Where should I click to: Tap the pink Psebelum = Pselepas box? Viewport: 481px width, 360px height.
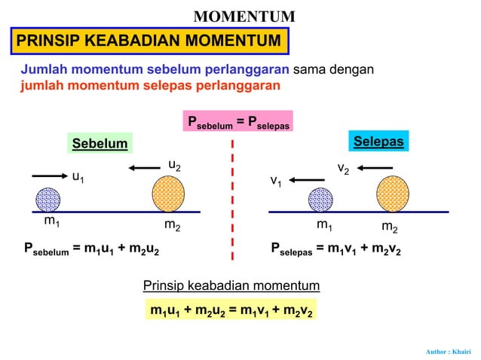tap(238, 122)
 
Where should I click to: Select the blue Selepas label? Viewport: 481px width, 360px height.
tap(378, 142)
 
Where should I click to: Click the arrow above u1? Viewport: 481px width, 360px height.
tap(51, 175)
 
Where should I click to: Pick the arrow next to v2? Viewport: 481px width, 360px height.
tap(374, 167)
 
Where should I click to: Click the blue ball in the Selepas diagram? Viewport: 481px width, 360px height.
tap(320, 200)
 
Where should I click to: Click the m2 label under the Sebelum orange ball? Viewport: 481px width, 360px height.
tap(172, 225)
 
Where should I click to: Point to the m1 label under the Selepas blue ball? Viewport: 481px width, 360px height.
tap(325, 224)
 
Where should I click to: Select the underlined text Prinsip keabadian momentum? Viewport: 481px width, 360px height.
tap(231, 285)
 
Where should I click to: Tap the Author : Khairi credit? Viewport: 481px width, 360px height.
tap(449, 351)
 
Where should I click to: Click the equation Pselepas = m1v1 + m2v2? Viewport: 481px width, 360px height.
tap(335, 248)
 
